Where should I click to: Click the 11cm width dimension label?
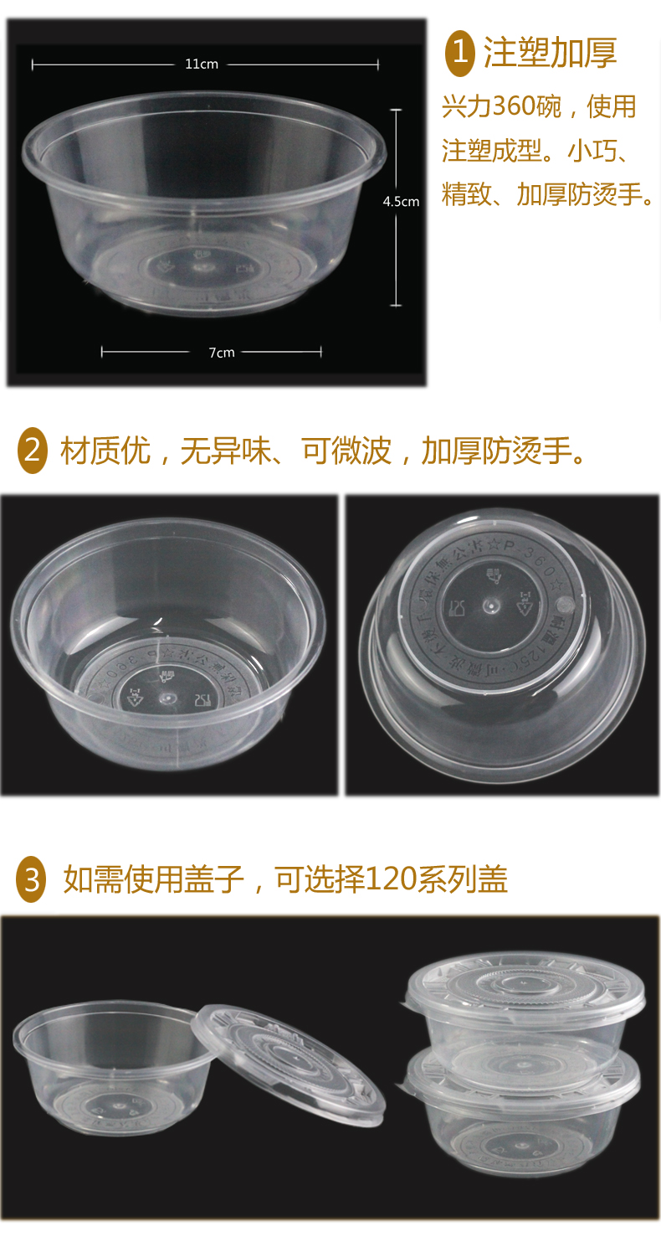[x=202, y=64]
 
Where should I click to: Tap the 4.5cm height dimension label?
[x=401, y=201]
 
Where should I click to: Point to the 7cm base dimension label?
[x=222, y=353]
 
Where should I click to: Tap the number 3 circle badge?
[x=32, y=879]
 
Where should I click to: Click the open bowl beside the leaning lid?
[x=105, y=1068]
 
